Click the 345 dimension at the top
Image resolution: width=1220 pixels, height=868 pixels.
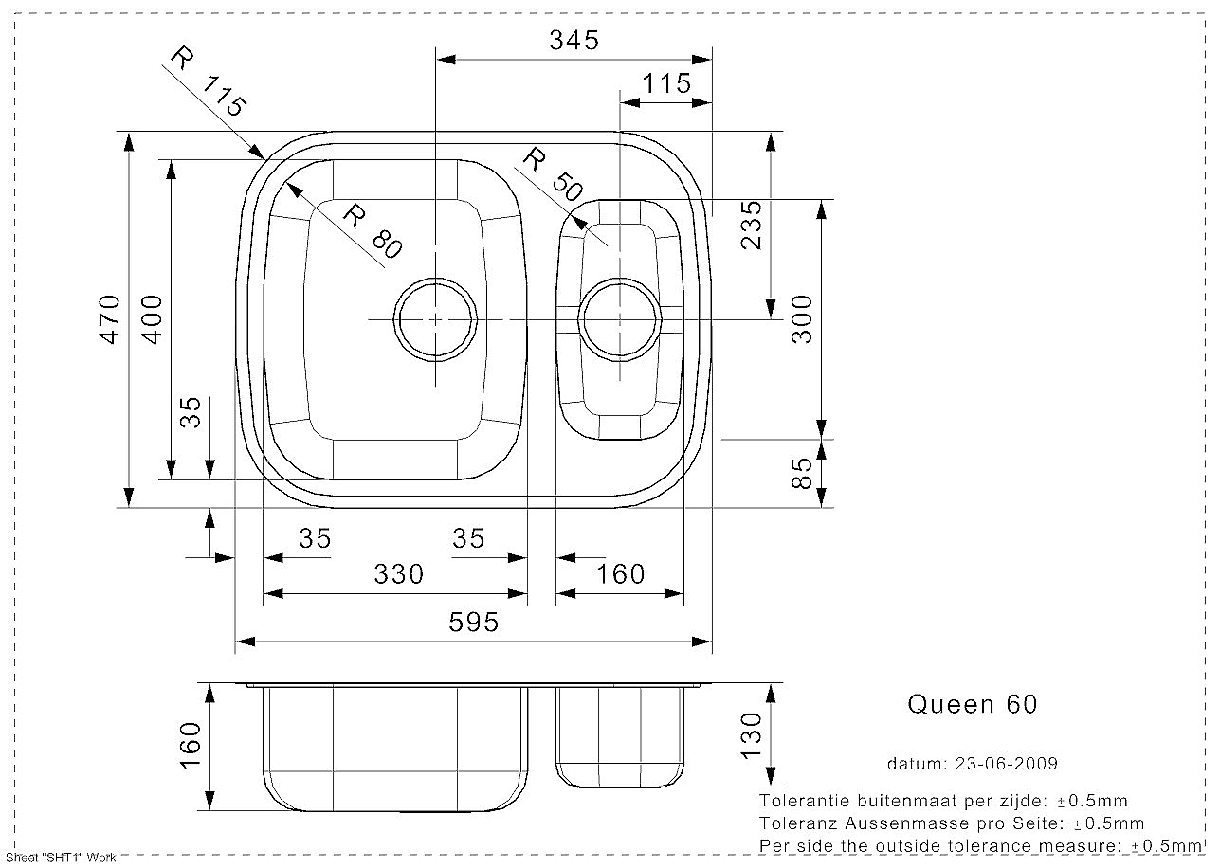[x=574, y=41]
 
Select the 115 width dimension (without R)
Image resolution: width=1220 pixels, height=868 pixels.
[x=666, y=83]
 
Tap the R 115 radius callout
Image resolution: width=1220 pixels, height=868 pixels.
[x=208, y=81]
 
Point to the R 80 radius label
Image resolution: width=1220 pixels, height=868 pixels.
[x=373, y=231]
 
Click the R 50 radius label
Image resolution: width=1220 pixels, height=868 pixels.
[x=553, y=175]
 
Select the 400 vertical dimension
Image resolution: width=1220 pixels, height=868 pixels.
[x=152, y=319]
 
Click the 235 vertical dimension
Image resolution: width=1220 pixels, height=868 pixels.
[x=751, y=225]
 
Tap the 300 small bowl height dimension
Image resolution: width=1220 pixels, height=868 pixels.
[x=801, y=319]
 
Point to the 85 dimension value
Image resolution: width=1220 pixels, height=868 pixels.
[x=801, y=473]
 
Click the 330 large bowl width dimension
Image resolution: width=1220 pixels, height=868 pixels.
[x=399, y=574]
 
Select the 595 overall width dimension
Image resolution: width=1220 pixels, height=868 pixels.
[x=473, y=623]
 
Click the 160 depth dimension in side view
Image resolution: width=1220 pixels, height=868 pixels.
[x=191, y=746]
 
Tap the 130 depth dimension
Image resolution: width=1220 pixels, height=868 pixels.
[x=751, y=735]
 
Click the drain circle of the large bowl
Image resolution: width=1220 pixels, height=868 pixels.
[x=435, y=279]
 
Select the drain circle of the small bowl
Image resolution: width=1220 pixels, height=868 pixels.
[x=620, y=279]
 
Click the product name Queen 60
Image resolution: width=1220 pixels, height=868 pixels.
[x=973, y=704]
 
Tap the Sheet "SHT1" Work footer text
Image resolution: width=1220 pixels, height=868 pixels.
[x=61, y=859]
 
